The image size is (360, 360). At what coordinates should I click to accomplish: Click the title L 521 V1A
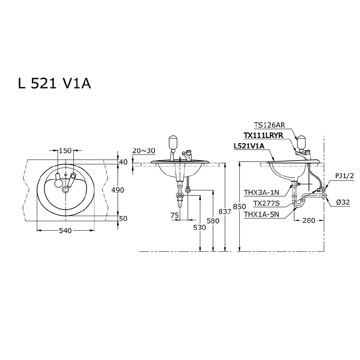point(54,84)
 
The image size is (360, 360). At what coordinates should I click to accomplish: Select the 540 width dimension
point(65,231)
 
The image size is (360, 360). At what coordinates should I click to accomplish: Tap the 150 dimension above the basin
point(65,151)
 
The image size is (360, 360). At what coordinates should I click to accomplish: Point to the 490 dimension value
point(118,190)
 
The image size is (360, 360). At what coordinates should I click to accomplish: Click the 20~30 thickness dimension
point(143,150)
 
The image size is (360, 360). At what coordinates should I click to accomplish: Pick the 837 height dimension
point(225,211)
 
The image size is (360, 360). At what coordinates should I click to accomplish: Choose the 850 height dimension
point(240,206)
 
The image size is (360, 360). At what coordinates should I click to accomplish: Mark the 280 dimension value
point(309,220)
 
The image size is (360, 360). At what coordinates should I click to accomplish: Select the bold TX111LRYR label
point(263,135)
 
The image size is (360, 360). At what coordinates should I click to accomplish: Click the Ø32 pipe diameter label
point(343,202)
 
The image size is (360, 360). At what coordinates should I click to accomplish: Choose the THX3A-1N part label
point(262,193)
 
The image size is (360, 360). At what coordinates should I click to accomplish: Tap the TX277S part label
point(266,204)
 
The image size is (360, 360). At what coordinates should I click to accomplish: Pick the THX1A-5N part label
point(262,214)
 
